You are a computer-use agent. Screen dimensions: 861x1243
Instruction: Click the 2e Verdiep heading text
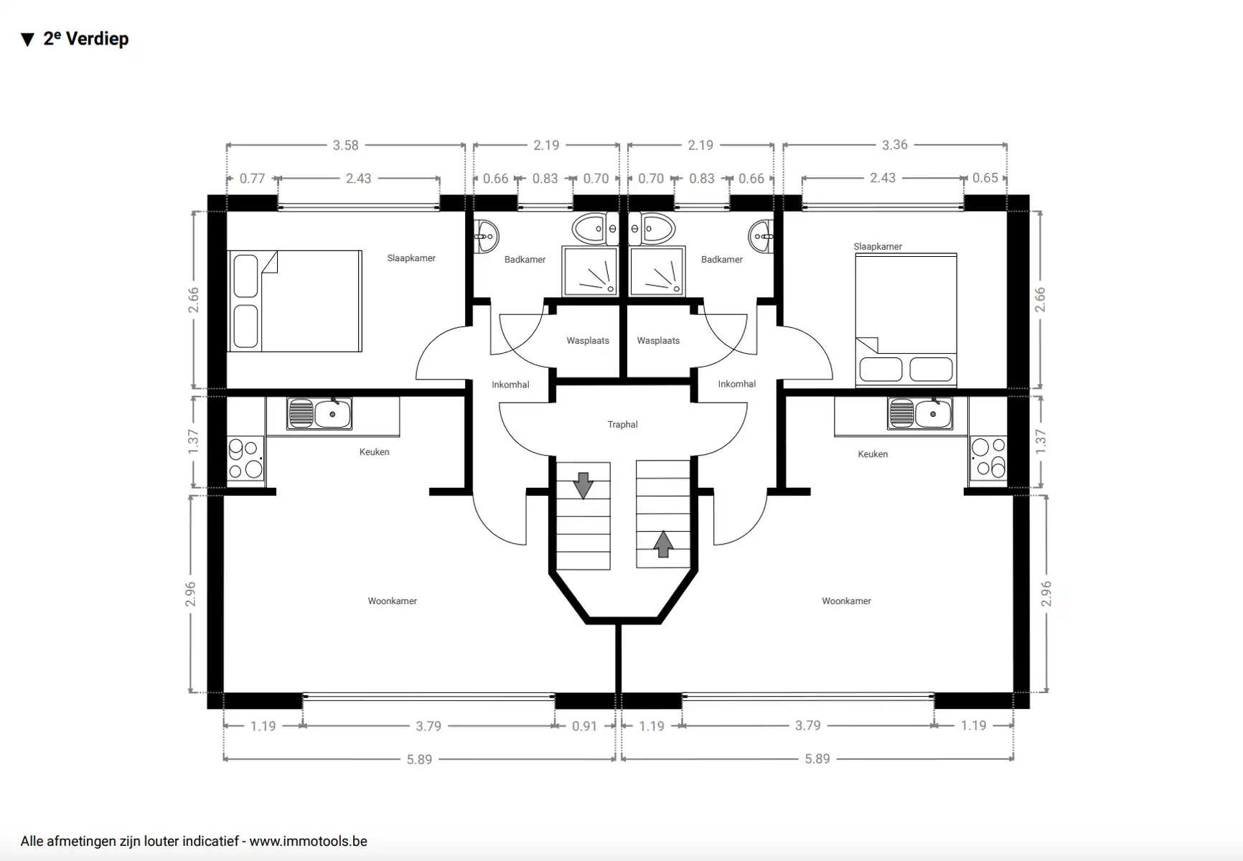click(x=85, y=39)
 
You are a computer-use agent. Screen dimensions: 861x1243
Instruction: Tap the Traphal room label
click(x=622, y=425)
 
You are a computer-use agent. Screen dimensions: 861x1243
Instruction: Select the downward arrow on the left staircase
click(x=583, y=485)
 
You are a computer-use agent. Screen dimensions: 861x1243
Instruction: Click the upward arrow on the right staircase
click(x=663, y=544)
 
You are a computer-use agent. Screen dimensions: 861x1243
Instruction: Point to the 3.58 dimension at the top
click(x=345, y=146)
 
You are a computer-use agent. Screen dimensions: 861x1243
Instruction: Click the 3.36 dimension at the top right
click(x=894, y=145)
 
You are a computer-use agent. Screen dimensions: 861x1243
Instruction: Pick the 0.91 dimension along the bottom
click(x=584, y=726)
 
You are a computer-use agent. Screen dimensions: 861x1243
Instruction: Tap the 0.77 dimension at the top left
click(x=252, y=179)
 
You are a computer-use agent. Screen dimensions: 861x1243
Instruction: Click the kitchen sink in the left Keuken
click(x=319, y=414)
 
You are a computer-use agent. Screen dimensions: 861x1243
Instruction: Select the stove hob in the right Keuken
click(x=988, y=458)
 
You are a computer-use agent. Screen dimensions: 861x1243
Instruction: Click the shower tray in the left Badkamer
click(x=590, y=271)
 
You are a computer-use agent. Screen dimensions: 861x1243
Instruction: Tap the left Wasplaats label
click(x=587, y=341)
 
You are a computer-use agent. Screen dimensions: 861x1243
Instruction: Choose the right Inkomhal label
click(x=736, y=384)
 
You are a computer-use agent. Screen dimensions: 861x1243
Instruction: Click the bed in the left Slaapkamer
click(x=295, y=301)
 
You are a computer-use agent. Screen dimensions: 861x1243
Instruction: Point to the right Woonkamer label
click(x=846, y=601)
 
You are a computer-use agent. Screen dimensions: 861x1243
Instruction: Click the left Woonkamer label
click(x=392, y=601)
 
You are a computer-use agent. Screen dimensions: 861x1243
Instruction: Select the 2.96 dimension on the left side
click(x=191, y=593)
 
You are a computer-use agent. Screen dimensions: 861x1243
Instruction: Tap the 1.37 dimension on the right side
click(x=1041, y=441)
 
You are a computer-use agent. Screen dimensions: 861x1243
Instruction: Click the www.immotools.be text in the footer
click(x=308, y=841)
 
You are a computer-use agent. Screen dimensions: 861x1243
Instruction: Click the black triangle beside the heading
click(x=27, y=40)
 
